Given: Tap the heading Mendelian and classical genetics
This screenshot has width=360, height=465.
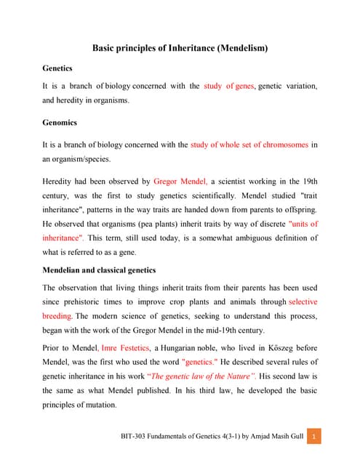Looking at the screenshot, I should (x=99, y=270).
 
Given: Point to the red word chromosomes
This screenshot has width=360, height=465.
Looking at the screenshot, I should (x=273, y=145).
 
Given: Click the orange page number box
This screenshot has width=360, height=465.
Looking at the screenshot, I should (x=313, y=437).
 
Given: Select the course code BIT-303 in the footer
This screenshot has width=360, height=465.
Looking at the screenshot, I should (x=135, y=437).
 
